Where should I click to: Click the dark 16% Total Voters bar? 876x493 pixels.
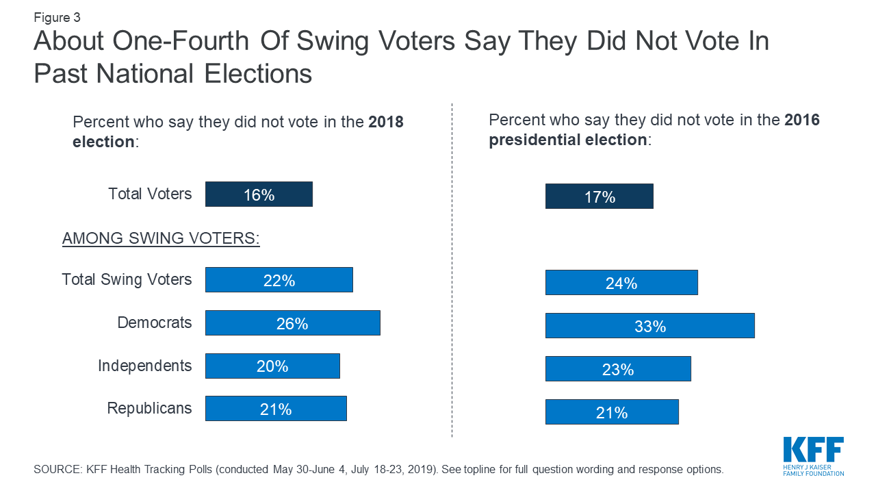(259, 194)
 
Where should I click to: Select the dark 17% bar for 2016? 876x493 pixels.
(599, 197)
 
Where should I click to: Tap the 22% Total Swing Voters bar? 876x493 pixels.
(279, 280)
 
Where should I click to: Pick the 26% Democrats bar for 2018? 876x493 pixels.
(292, 323)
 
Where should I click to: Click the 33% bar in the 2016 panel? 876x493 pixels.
(649, 326)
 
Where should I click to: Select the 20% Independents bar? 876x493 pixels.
(272, 366)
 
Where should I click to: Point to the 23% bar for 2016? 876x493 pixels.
(618, 369)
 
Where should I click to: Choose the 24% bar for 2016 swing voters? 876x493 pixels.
(621, 283)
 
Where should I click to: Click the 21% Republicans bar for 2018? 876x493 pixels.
(276, 409)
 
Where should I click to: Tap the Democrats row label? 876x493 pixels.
(155, 323)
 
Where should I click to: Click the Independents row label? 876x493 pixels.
(144, 366)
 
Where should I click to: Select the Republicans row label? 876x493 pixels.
(149, 409)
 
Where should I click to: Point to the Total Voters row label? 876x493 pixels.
(150, 194)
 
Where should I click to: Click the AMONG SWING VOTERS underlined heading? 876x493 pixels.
(161, 239)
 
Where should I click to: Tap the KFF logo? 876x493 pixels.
(813, 456)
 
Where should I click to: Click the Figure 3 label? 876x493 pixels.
(57, 18)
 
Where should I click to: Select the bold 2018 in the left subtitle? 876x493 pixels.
(386, 123)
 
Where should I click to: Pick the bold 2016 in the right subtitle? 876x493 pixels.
(802, 121)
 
